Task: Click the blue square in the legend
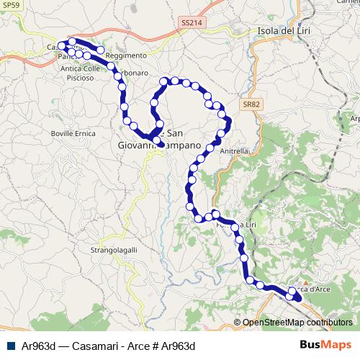coord(9,346)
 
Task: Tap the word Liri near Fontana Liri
coord(249,225)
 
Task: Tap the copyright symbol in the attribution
coord(238,323)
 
